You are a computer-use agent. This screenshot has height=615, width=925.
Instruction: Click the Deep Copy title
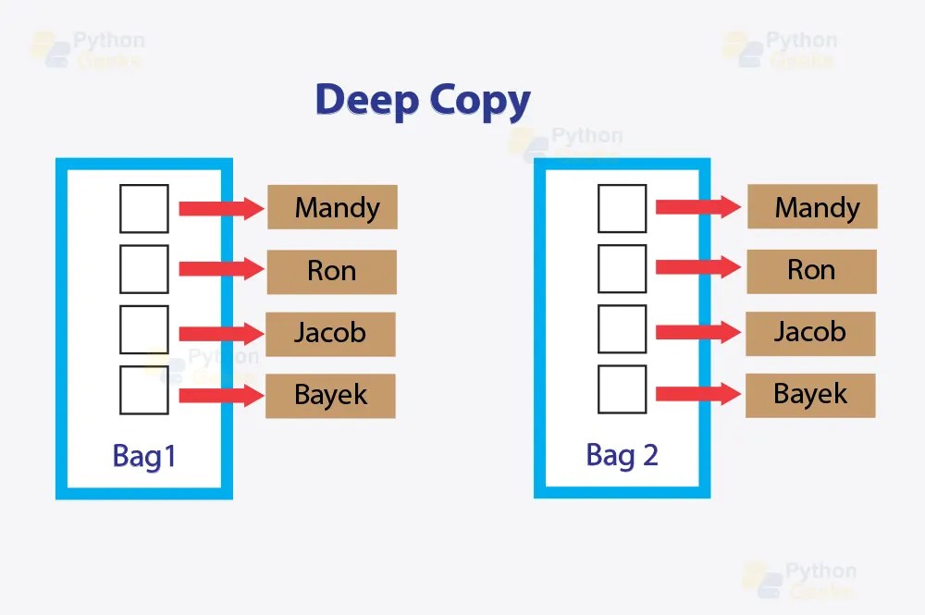click(x=423, y=100)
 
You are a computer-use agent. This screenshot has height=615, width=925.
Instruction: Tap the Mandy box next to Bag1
click(x=332, y=207)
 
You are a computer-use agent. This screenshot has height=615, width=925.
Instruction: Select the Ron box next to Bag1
click(x=332, y=271)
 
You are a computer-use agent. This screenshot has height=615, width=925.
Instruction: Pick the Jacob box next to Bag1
click(x=330, y=333)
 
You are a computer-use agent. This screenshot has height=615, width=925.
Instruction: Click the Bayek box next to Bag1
click(x=330, y=396)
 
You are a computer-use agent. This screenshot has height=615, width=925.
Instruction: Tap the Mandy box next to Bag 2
click(x=811, y=207)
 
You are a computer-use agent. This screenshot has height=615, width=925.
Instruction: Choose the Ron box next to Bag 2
click(x=811, y=271)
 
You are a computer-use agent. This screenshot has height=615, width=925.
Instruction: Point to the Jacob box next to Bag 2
click(x=810, y=332)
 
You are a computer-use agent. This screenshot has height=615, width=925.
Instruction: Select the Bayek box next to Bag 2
click(x=810, y=395)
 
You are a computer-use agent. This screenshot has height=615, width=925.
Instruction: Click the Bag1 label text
click(x=143, y=456)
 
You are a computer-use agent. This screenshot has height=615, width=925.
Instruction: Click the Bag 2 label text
click(x=622, y=455)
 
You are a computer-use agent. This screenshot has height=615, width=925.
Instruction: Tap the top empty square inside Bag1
click(x=144, y=208)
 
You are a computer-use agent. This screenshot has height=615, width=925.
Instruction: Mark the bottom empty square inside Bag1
click(x=144, y=390)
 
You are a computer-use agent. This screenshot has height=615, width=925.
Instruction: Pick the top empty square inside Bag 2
click(x=622, y=208)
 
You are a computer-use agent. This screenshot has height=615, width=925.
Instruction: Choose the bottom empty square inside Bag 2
click(x=622, y=389)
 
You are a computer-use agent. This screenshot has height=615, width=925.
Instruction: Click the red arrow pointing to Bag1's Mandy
click(x=220, y=208)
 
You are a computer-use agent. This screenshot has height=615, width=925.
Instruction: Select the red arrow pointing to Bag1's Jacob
click(x=220, y=333)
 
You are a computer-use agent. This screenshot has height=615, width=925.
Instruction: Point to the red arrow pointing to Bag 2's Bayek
click(x=697, y=394)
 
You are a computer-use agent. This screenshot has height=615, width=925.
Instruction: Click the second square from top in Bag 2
click(x=622, y=269)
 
